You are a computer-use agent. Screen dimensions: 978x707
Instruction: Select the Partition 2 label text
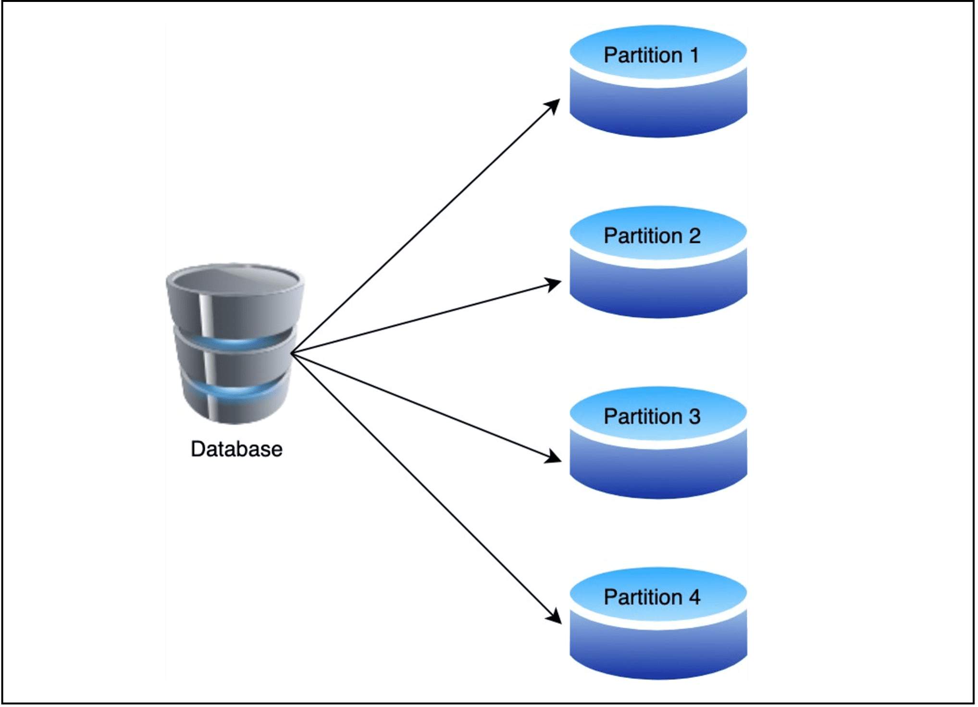(652, 236)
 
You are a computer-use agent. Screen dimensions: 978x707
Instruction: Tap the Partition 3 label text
(652, 417)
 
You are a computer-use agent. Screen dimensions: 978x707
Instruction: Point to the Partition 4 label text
(652, 597)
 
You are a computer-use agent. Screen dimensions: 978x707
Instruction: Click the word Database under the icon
(236, 449)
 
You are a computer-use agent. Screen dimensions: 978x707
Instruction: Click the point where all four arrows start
(292, 353)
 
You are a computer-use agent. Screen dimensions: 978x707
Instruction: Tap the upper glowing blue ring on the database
(235, 342)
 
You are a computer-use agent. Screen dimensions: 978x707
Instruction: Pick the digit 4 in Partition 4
(694, 597)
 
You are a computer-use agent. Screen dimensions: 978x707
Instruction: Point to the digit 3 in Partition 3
(694, 417)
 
